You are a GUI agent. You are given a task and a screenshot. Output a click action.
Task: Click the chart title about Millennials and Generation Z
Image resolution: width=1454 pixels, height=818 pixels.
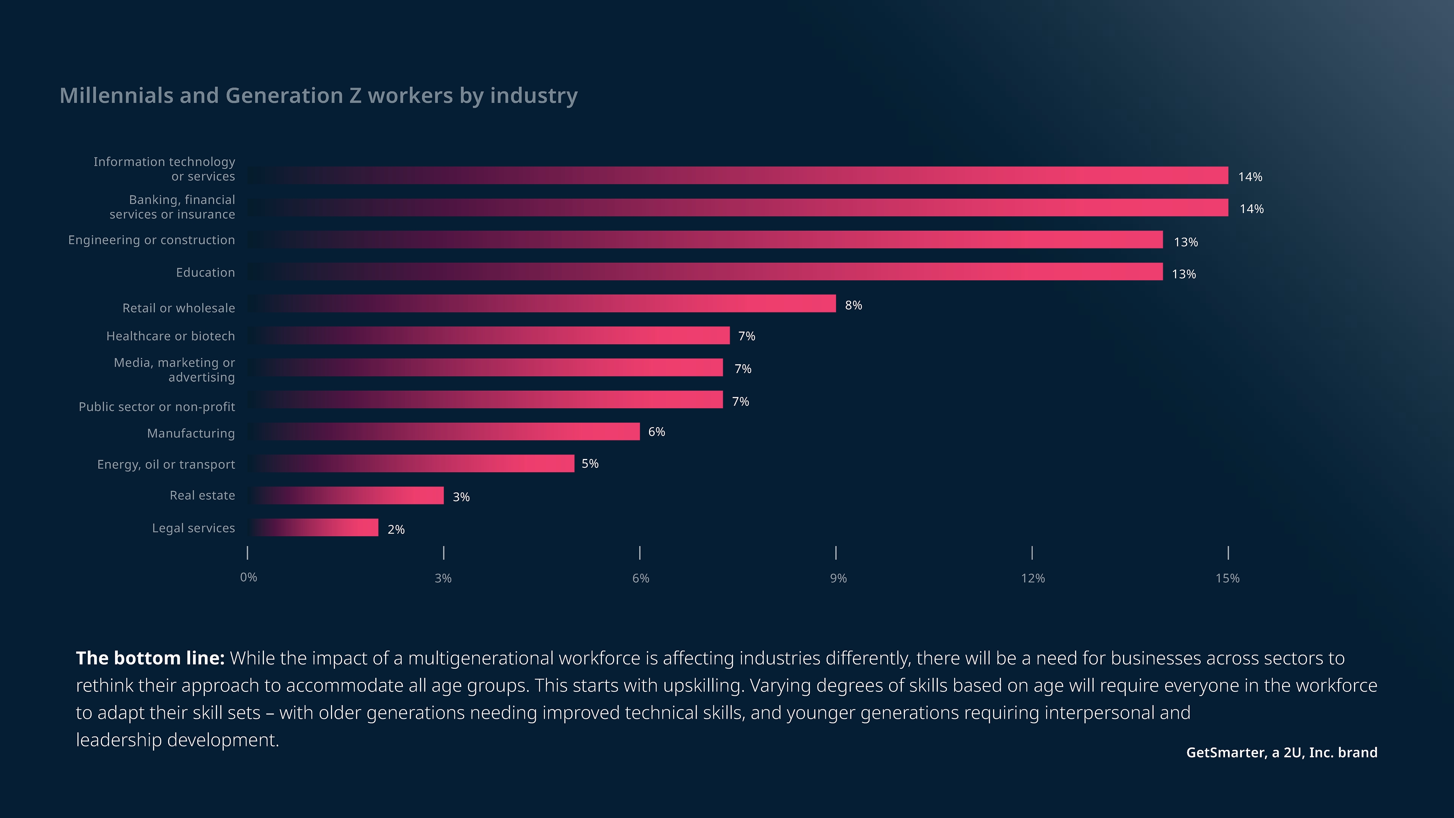pyautogui.click(x=318, y=96)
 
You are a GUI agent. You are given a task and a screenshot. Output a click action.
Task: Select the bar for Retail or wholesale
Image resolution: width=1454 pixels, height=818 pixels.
pyautogui.click(x=542, y=304)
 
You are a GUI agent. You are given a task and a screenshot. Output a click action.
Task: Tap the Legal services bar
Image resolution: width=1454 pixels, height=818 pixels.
pyautogui.click(x=314, y=527)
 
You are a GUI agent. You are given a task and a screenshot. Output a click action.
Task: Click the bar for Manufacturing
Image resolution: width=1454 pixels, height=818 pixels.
pyautogui.click(x=445, y=432)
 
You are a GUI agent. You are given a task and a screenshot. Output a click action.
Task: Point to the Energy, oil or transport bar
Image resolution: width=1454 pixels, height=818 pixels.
pyautogui.click(x=412, y=464)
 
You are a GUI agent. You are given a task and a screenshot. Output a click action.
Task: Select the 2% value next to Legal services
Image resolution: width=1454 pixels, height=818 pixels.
pyautogui.click(x=396, y=529)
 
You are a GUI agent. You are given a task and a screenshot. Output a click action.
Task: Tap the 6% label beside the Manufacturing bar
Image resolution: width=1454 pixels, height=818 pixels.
pyautogui.click(x=657, y=432)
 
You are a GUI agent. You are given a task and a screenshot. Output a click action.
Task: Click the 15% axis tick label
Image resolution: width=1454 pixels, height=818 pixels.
pyautogui.click(x=1227, y=578)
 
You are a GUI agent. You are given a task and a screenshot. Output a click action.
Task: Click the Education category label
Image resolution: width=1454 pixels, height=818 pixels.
pyautogui.click(x=206, y=273)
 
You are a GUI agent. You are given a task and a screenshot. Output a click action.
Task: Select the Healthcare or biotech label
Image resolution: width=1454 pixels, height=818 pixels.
pyautogui.click(x=170, y=336)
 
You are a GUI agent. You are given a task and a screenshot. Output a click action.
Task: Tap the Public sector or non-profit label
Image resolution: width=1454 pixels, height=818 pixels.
pyautogui.click(x=157, y=407)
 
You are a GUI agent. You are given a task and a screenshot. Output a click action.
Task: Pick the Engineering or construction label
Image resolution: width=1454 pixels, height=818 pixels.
pyautogui.click(x=151, y=240)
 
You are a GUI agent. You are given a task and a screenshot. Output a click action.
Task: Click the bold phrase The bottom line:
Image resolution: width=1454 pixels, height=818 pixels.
pyautogui.click(x=150, y=658)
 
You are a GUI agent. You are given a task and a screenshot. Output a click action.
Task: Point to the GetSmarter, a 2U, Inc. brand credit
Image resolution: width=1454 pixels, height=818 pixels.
pyautogui.click(x=1281, y=752)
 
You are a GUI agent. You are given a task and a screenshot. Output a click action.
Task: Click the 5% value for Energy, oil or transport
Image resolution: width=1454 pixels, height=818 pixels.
pyautogui.click(x=590, y=464)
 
